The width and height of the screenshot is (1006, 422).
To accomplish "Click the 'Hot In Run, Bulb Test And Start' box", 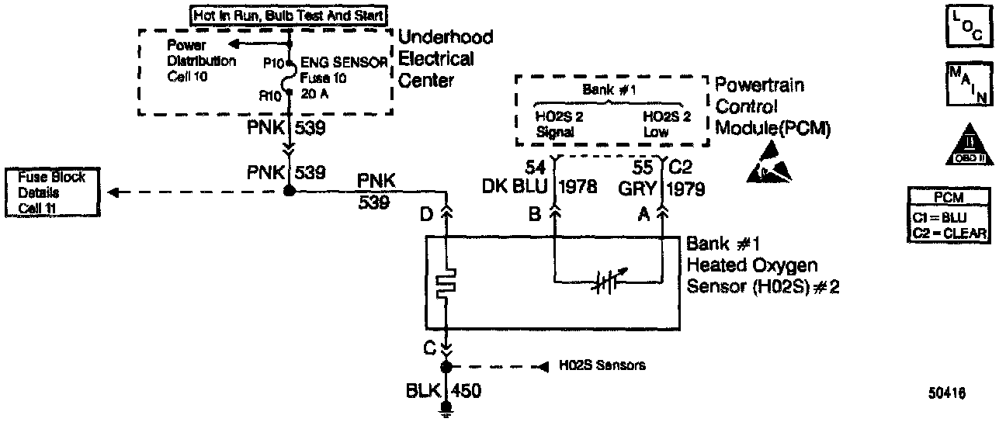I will (290, 15).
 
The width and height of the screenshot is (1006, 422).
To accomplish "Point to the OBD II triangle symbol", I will (966, 144).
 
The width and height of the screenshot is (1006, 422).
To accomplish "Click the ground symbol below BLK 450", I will (446, 409).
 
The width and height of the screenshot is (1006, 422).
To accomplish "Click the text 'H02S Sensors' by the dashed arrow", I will (602, 365).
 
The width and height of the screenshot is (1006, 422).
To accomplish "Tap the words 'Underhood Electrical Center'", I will (445, 59).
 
